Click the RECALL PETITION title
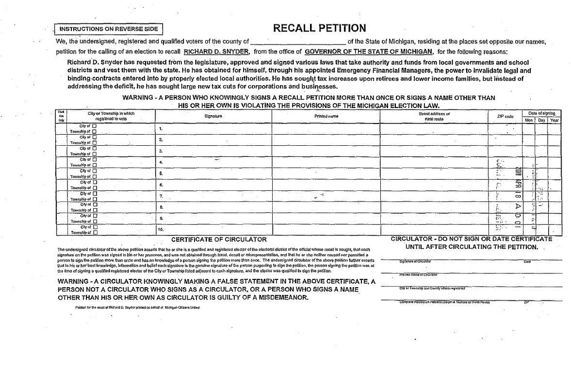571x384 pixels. tap(320, 28)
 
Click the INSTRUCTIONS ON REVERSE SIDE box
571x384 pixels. tap(108, 29)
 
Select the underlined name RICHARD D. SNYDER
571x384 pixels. tap(216, 51)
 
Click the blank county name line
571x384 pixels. tap(298, 42)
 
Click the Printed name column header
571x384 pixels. tap(326, 116)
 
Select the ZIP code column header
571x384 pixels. tap(505, 116)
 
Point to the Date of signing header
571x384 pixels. tap(542, 113)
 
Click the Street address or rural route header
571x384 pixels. tap(434, 116)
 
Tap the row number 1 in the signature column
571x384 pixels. tap(161, 129)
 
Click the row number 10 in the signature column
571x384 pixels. tap(161, 229)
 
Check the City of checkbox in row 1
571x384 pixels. tap(94, 126)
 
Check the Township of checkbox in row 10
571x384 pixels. tap(94, 232)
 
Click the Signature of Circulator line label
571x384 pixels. tap(415, 261)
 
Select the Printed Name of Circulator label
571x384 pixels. tap(418, 274)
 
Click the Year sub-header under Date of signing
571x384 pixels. tap(554, 120)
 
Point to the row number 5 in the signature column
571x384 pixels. tap(161, 173)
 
